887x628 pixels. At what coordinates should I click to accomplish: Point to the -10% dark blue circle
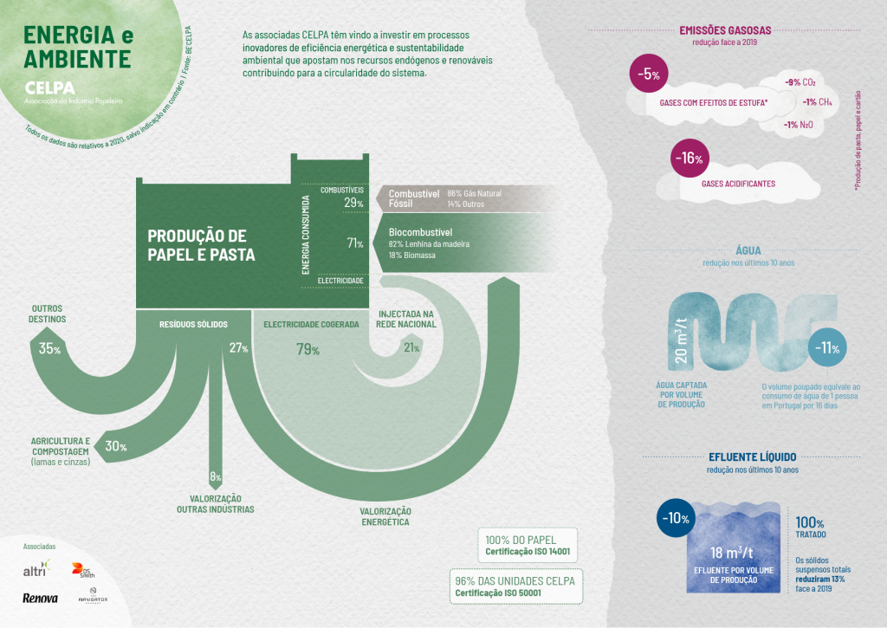[675, 519]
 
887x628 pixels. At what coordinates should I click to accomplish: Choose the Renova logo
[40, 598]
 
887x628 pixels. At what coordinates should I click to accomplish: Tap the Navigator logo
[92, 597]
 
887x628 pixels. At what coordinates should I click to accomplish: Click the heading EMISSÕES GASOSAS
[725, 30]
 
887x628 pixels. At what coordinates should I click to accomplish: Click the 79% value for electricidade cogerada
[308, 350]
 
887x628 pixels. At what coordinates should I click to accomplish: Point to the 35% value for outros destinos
[50, 349]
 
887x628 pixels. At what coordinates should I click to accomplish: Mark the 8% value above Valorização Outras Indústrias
[216, 477]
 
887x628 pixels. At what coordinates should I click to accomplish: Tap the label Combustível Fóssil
[413, 198]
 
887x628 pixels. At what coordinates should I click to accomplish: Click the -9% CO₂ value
[800, 82]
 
